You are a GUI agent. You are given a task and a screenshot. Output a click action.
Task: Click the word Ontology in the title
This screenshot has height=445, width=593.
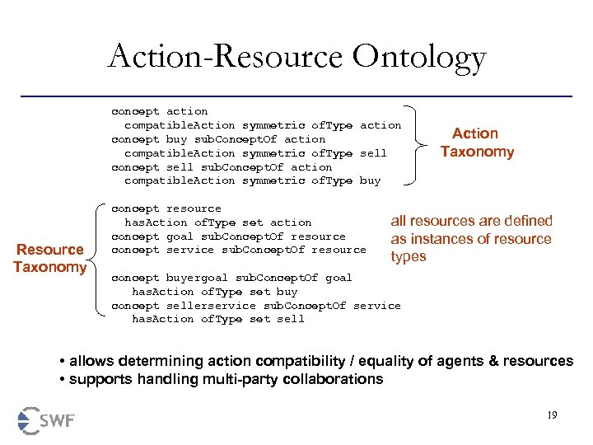421,58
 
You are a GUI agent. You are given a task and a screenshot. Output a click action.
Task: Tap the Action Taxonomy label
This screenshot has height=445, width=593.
477,143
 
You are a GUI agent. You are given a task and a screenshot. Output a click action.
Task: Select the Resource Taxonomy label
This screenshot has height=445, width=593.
50,258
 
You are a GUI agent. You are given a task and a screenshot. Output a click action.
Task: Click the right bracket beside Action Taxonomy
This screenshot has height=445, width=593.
423,145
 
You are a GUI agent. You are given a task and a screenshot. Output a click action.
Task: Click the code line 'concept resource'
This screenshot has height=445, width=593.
166,208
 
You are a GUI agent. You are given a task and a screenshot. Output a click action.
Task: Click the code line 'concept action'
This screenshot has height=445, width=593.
160,111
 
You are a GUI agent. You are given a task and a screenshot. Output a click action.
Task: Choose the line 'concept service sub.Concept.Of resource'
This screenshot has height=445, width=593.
239,250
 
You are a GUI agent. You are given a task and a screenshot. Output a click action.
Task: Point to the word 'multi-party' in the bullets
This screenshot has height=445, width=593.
230,379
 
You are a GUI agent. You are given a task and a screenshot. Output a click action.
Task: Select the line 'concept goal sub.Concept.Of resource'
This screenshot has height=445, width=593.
228,237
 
